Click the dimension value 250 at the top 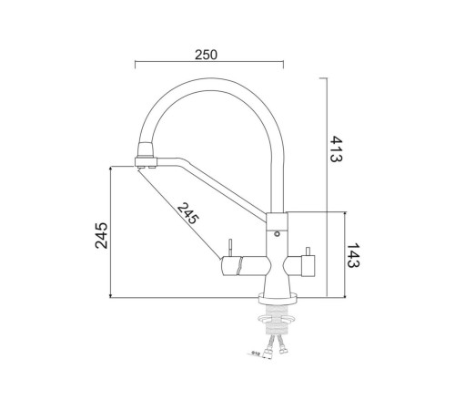[208, 55]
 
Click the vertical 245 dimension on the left [102, 234]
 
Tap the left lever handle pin [231, 247]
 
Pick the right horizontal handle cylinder [300, 266]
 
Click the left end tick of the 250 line [135, 65]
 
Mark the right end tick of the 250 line [283, 65]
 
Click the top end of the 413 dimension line [326, 78]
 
